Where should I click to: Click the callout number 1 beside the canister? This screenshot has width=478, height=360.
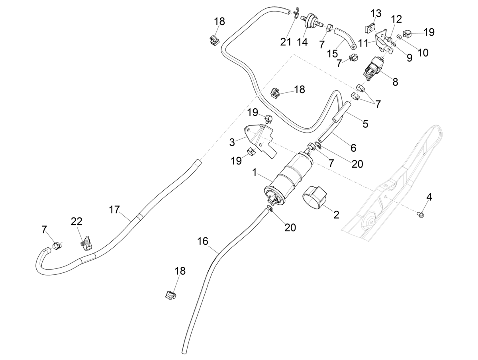point(255,172)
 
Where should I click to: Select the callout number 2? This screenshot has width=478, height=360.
point(336,215)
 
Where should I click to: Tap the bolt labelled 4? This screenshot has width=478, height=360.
point(418,214)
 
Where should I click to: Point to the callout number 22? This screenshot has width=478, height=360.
point(76,221)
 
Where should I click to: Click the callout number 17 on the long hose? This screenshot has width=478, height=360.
point(114,209)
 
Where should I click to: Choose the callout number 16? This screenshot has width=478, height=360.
point(203,241)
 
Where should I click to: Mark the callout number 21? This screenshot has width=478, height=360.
point(285,41)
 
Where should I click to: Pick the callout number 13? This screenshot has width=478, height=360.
point(376,14)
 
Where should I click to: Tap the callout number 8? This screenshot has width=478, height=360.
point(395,82)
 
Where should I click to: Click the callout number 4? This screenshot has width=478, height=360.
point(429,197)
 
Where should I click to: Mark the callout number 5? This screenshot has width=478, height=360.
point(365,124)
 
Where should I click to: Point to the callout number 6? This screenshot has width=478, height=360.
point(353,148)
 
